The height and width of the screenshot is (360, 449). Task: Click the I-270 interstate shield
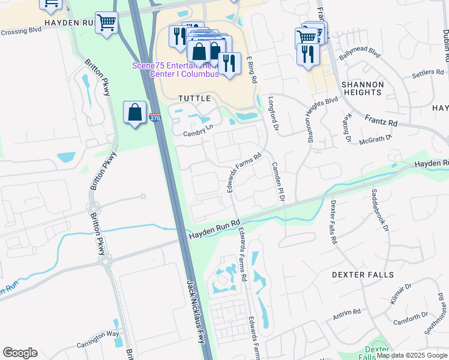(x=155, y=119)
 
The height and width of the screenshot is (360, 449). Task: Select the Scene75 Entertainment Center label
(x=176, y=70)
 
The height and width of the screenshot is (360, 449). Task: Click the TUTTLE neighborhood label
(x=194, y=98)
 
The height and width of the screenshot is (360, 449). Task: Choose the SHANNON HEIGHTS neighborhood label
(x=362, y=88)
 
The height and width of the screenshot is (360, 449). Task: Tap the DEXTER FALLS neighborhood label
(x=363, y=275)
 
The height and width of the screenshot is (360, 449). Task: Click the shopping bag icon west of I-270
(x=135, y=112)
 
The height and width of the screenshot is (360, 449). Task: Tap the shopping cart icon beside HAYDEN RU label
(x=106, y=23)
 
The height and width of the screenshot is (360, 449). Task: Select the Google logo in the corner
(x=20, y=353)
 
